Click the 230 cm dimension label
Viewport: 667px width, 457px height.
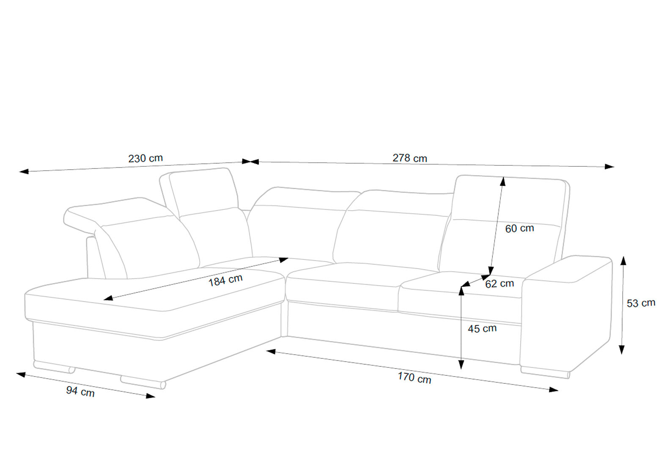coord(145,158)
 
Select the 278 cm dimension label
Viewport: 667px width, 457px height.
coord(410,158)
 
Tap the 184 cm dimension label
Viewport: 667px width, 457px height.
coord(225,281)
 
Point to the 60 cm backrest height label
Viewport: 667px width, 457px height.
coord(520,228)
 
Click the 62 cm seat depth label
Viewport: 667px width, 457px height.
coord(500,284)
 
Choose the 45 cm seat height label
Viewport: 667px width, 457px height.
coord(483,329)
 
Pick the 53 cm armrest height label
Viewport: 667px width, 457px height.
coord(641,303)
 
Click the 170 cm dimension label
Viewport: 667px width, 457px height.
coord(414,378)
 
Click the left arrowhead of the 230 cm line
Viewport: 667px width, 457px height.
coord(24,171)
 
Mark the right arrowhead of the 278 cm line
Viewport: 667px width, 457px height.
coord(609,167)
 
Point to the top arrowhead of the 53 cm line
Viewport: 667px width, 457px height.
coord(623,261)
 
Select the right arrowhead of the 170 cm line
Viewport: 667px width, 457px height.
coord(554,389)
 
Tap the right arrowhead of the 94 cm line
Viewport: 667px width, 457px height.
coord(151,396)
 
